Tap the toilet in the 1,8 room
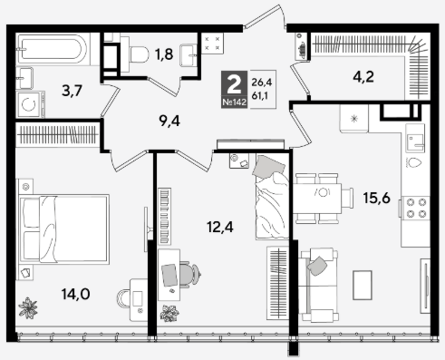tap(135, 54)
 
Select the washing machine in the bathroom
tap(31, 104)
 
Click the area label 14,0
tap(75, 294)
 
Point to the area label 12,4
tap(220, 227)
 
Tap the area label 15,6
tap(376, 198)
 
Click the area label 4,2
tap(363, 77)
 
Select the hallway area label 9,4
tap(169, 121)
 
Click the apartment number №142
tap(234, 102)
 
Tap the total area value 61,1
tap(259, 96)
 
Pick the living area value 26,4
tap(262, 82)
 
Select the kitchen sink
tap(416, 141)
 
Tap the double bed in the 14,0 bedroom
tap(63, 229)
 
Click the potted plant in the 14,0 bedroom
tap(28, 307)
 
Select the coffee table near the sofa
tap(363, 286)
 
